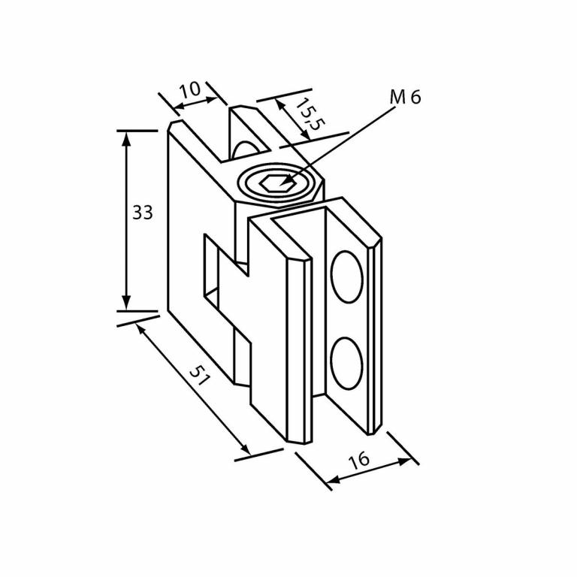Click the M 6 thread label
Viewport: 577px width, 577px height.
pos(406,97)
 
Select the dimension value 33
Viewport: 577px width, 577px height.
pos(143,213)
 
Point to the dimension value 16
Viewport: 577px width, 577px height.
pos(360,460)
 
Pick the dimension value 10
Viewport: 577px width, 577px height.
pos(190,89)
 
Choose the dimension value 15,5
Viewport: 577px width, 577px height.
pos(307,114)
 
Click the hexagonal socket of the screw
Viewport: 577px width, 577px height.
pos(275,182)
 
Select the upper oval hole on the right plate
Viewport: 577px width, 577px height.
pos(346,276)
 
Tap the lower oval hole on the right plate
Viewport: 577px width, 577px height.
pos(346,364)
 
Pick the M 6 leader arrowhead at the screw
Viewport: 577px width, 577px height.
pos(282,183)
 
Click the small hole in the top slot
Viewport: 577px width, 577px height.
pos(244,149)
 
